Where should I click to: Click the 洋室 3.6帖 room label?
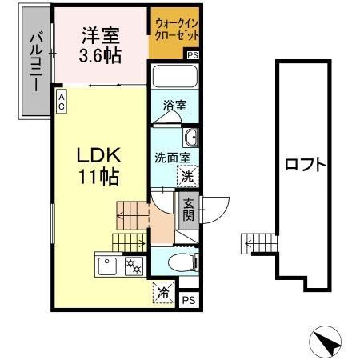tap(100, 46)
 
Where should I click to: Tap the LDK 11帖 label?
tap(99, 166)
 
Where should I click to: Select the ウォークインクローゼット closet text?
tap(177, 30)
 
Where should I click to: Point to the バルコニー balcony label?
tap(36, 62)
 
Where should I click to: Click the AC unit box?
tap(62, 101)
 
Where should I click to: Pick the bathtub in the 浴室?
tap(175, 76)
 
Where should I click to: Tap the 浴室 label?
tap(174, 106)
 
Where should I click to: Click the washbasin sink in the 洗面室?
tap(191, 138)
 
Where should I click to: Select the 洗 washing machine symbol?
tap(188, 176)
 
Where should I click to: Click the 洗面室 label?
tap(173, 158)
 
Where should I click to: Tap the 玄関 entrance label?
tap(188, 210)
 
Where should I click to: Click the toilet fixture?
tap(183, 262)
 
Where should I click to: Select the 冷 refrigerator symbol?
tap(163, 293)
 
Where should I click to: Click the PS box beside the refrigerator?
tap(189, 300)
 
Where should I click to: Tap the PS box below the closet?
tap(193, 55)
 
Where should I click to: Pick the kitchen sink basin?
tap(107, 266)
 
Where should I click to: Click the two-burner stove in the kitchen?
tap(135, 266)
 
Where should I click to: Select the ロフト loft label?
tap(306, 164)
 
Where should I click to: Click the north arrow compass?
tap(325, 342)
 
